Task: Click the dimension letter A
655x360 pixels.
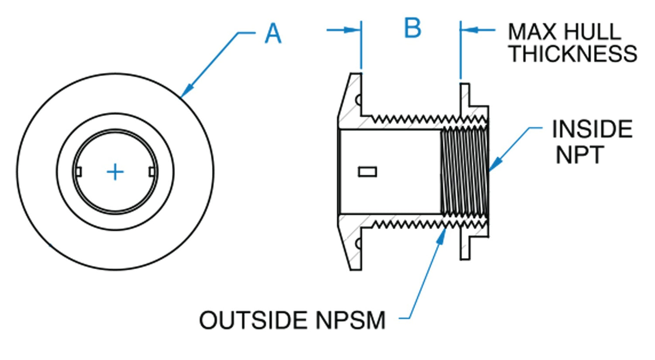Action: pos(273,34)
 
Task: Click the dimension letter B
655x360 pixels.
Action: pos(412,28)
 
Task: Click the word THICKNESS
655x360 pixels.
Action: pos(573,54)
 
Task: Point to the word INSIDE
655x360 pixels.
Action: pos(592,129)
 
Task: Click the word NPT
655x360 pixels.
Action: pos(579,154)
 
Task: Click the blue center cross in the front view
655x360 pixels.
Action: pos(115,172)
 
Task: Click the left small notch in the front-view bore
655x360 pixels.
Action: pos(79,172)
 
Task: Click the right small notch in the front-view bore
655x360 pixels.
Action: pos(152,172)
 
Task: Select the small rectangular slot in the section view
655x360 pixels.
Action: pos(367,171)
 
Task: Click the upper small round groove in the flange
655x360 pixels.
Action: pos(359,100)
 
